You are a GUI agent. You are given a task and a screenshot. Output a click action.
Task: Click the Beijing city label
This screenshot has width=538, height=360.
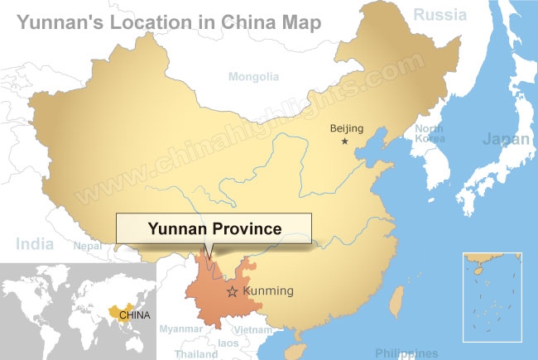click(347, 127)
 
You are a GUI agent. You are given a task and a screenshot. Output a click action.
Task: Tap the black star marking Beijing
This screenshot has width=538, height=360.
click(345, 142)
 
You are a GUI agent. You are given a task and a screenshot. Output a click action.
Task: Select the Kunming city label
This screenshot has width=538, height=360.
click(268, 291)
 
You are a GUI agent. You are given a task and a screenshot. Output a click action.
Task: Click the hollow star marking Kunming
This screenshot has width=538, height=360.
click(233, 291)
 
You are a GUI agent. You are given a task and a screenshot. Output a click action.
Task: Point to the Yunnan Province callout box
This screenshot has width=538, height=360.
click(214, 227)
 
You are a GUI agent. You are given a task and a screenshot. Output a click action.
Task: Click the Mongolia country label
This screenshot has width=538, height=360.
click(253, 77)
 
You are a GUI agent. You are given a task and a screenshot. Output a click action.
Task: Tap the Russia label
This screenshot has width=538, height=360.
click(440, 14)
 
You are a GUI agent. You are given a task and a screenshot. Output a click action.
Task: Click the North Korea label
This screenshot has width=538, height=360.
click(429, 134)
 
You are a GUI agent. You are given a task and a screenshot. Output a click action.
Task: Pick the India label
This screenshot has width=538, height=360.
click(34, 243)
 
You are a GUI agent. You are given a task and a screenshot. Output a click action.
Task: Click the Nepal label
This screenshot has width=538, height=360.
click(87, 246)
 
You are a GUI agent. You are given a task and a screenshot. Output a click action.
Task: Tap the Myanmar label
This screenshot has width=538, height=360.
click(181, 329)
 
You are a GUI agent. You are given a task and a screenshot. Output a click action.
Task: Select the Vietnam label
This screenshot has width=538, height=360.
click(253, 329)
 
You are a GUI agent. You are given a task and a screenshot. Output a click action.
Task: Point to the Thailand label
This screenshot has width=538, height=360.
click(196, 353)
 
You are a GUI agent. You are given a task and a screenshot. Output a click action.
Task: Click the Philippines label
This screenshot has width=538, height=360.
click(406, 353)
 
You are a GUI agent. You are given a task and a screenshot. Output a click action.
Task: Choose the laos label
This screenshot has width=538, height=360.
click(228, 343)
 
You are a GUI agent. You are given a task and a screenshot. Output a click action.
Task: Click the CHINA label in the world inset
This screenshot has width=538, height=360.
click(134, 314)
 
